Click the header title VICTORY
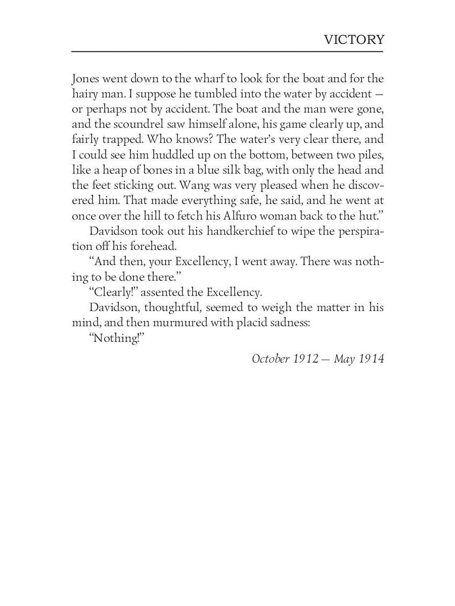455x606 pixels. tap(354, 39)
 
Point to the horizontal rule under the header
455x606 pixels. tap(227, 52)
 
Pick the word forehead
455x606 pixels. tap(152, 246)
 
